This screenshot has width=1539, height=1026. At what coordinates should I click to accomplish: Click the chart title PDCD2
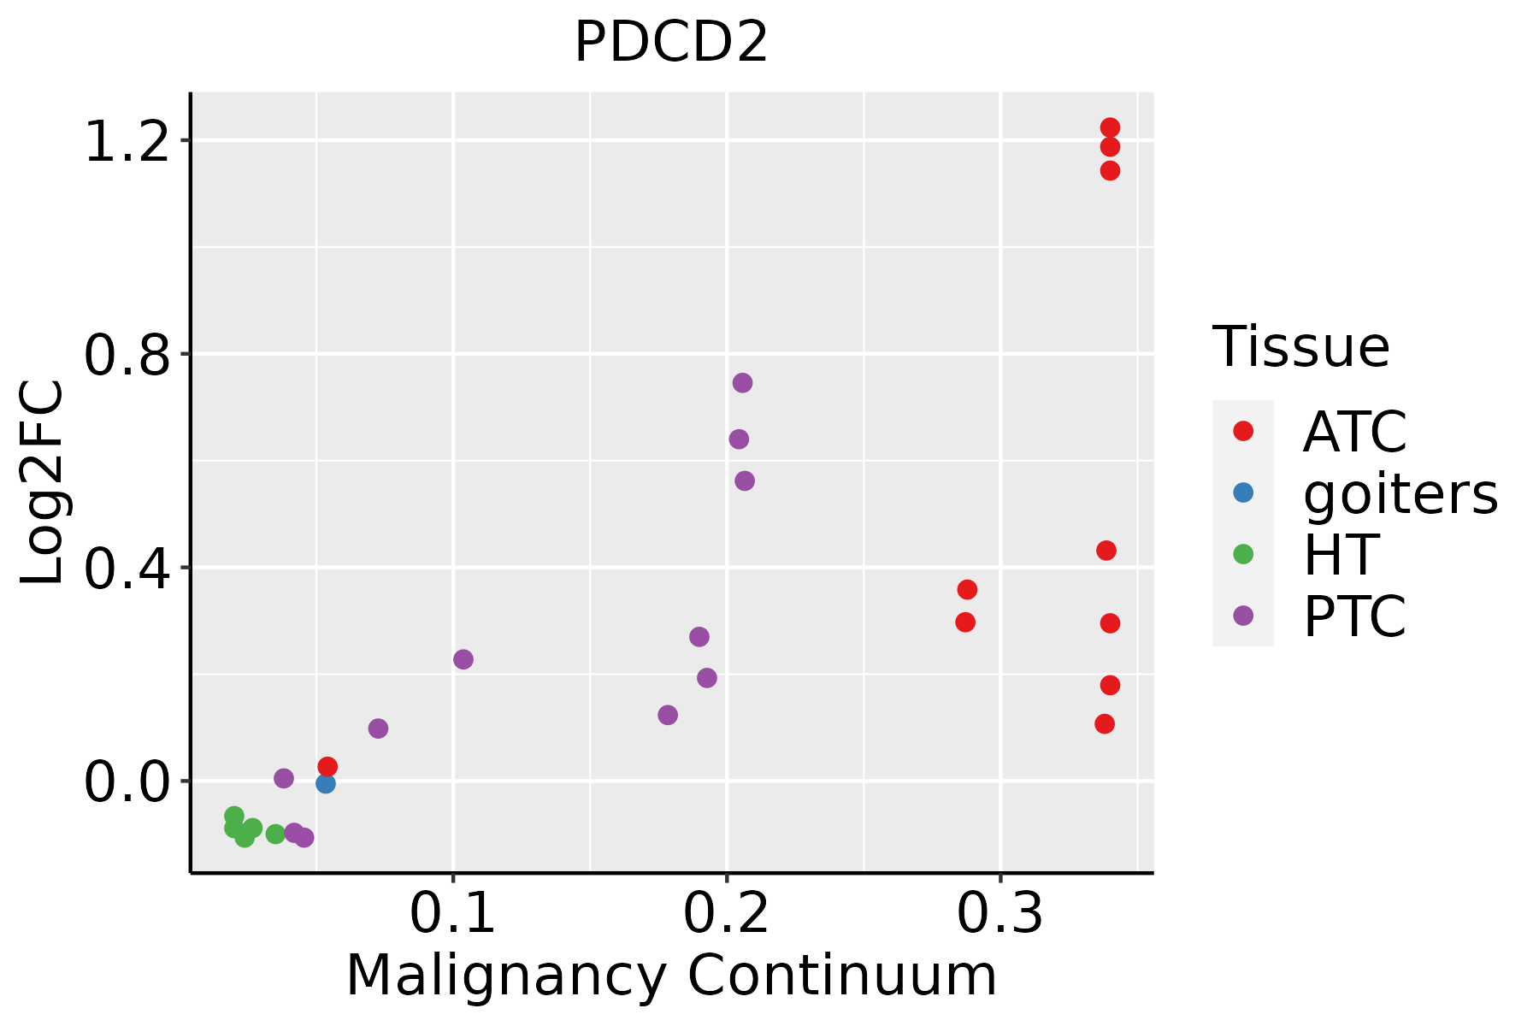671,43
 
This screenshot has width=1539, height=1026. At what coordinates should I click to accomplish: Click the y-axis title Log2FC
43,482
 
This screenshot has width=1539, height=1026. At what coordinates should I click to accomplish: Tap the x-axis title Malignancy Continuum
671,976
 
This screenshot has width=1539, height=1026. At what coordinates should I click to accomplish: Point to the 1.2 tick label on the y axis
126,142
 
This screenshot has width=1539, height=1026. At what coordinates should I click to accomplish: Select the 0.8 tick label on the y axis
126,356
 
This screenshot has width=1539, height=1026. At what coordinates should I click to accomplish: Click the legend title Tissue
1301,347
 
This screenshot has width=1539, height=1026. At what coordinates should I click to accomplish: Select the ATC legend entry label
1354,432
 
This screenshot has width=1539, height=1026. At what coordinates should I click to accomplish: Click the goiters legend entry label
1400,493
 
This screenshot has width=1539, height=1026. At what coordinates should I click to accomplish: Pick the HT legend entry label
1341,555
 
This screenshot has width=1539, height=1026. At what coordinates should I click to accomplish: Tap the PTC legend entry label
1354,616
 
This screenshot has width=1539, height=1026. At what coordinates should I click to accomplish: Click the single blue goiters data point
325,783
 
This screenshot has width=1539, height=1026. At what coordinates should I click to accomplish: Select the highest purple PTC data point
742,382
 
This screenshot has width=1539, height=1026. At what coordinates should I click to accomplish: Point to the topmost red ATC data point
1110,127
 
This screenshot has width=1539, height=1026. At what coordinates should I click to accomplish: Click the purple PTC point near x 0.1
463,659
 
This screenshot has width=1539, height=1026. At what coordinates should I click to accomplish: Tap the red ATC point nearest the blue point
327,766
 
